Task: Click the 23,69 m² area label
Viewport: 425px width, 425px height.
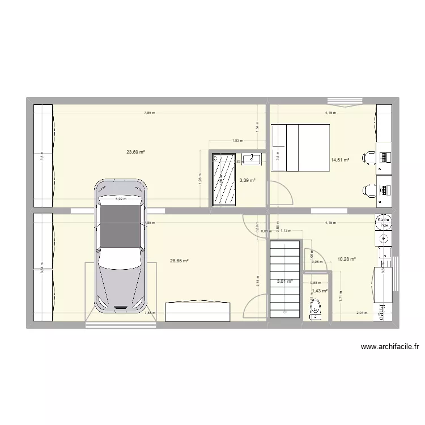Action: point(136,152)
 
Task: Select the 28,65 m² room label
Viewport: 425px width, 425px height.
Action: point(179,261)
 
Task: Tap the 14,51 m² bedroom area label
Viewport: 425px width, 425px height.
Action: point(340,160)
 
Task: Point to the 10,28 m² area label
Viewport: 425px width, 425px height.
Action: point(346,259)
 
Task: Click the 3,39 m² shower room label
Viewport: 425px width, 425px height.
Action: point(247,181)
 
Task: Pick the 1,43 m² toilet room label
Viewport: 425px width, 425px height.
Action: point(320,291)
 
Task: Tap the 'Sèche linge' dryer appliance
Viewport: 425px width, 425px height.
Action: point(384,222)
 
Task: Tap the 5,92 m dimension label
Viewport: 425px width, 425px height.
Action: point(120,199)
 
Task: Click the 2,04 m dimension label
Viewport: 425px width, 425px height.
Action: point(361,313)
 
